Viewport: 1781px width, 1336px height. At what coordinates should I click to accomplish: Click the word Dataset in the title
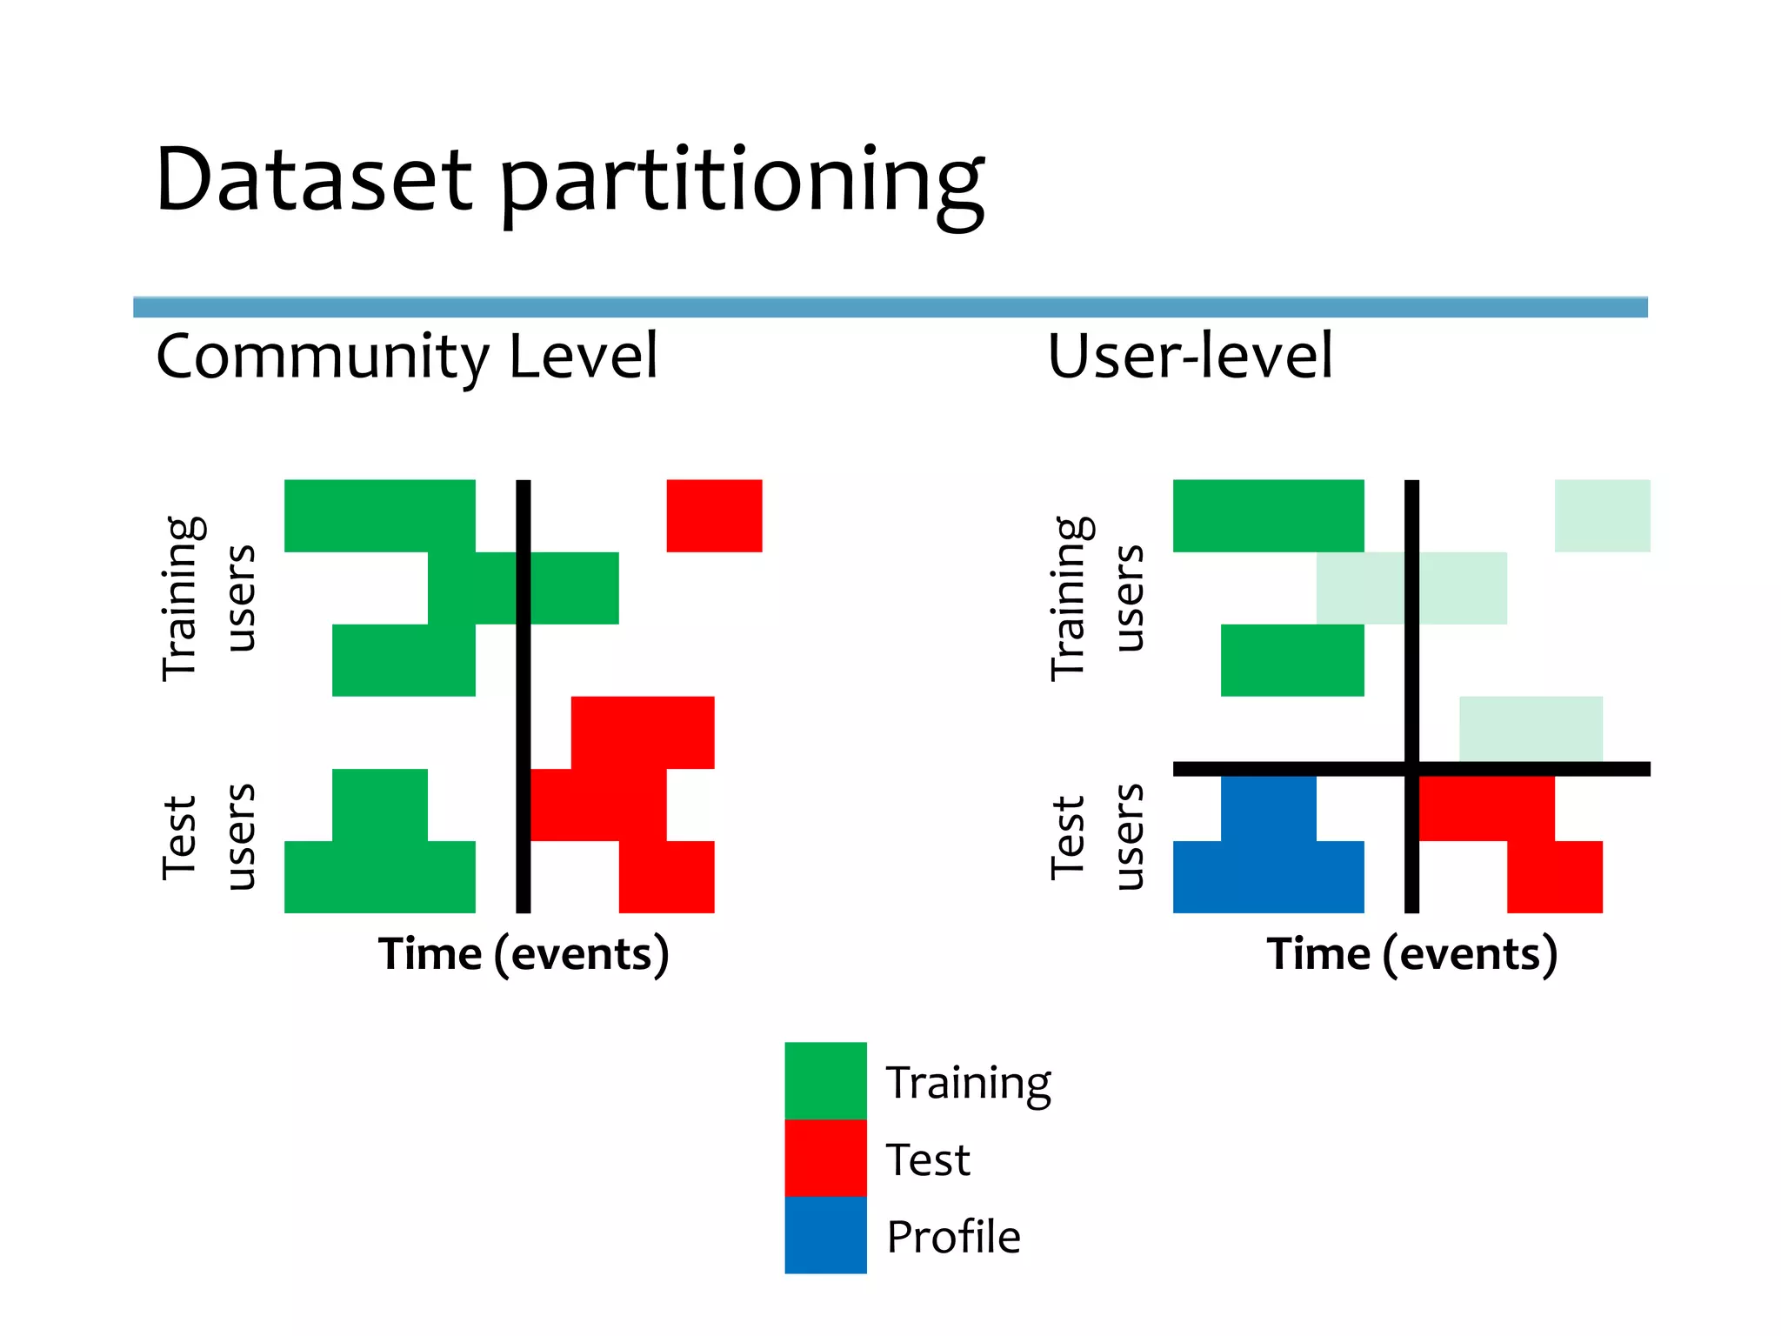click(x=313, y=180)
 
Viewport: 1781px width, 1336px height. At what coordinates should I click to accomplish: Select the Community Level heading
click(x=407, y=357)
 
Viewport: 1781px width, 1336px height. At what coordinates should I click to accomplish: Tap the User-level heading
click(x=1189, y=357)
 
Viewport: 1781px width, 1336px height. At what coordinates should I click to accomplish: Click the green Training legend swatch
click(x=825, y=1080)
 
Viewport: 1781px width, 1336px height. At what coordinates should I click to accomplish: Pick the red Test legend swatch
click(x=825, y=1158)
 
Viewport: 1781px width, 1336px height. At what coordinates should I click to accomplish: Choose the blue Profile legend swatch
click(x=825, y=1235)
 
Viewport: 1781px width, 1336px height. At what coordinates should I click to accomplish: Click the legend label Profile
click(x=953, y=1237)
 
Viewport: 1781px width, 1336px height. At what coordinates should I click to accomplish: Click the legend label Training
click(x=968, y=1084)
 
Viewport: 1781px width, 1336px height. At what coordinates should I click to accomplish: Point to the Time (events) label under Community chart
click(x=524, y=954)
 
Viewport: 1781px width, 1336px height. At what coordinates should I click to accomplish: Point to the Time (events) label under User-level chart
click(x=1411, y=954)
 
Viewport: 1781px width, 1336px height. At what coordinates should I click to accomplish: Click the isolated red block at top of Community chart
click(x=714, y=516)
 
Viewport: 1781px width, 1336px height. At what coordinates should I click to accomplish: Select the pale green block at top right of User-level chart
click(x=1602, y=516)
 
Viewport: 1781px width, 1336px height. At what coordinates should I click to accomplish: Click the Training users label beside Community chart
click(x=209, y=598)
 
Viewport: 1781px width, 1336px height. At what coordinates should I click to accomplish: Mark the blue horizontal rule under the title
click(x=890, y=307)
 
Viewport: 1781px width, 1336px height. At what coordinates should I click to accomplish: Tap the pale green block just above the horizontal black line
click(x=1531, y=729)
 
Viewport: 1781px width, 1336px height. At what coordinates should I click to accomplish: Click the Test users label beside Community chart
click(x=209, y=837)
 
